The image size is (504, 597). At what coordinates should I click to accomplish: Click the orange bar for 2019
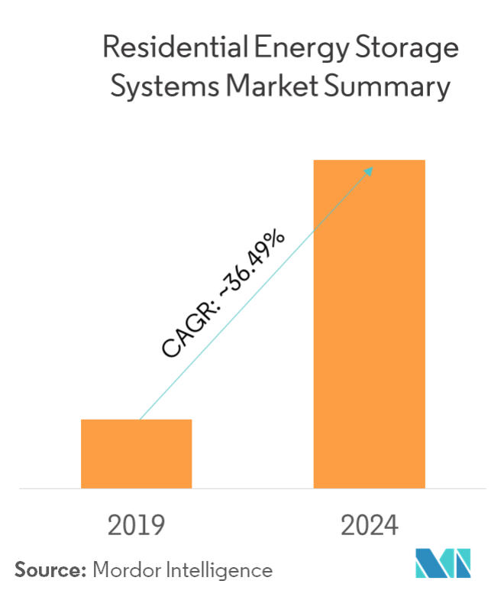[x=137, y=453]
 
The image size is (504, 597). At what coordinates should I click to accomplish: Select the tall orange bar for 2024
[x=369, y=323]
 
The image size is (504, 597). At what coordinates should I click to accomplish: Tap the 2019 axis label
[x=137, y=525]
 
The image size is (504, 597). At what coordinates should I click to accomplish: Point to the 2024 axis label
[x=370, y=525]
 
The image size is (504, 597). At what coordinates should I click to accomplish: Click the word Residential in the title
[x=170, y=49]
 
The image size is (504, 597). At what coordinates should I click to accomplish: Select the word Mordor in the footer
[x=122, y=569]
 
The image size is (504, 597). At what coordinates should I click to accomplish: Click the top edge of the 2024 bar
[x=369, y=161]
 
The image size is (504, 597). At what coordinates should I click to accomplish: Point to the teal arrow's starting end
[x=141, y=418]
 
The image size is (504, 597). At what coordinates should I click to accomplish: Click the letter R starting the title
[x=111, y=49]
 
